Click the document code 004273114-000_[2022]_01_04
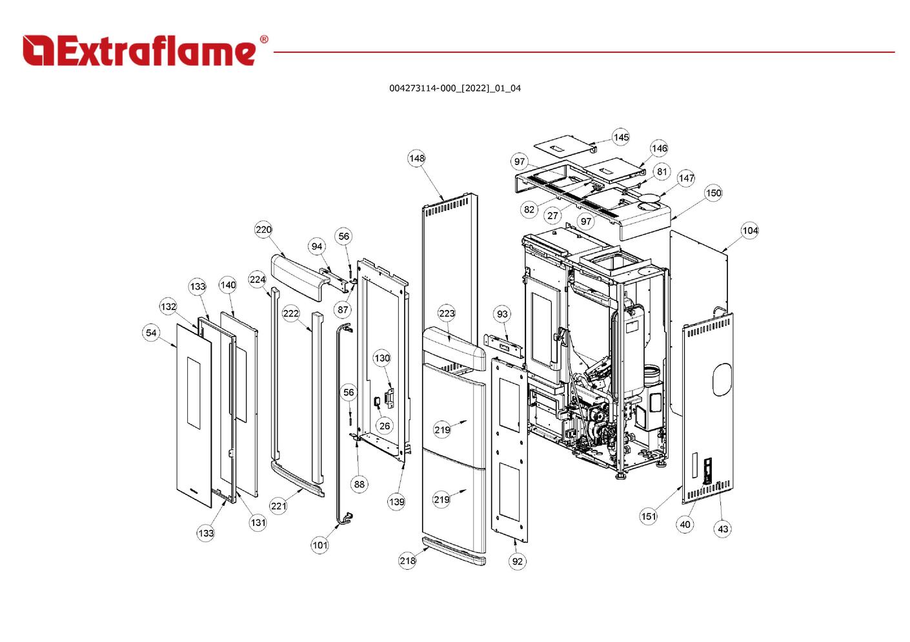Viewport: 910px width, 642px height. tap(454, 88)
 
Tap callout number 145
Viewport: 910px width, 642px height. tap(621, 137)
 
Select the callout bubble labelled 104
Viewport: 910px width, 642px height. tap(749, 231)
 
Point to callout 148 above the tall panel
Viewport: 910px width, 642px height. tap(417, 158)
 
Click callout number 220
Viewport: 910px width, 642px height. tap(263, 229)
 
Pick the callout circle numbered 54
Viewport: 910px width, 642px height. tap(151, 333)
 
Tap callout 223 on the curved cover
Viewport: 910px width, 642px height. tap(447, 313)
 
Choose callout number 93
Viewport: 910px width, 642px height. tap(502, 314)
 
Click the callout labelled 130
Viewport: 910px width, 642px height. tap(382, 358)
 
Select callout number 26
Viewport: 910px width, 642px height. tap(385, 425)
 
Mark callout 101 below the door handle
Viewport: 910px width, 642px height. tap(320, 545)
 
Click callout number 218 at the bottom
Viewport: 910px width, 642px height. tap(407, 560)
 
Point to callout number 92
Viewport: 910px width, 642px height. tap(518, 561)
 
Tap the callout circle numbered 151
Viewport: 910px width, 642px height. tap(649, 516)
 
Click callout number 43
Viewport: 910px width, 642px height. tap(723, 529)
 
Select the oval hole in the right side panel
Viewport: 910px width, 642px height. tap(722, 379)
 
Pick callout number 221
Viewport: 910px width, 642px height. tap(278, 506)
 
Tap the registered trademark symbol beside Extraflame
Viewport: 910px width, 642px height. tap(264, 40)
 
